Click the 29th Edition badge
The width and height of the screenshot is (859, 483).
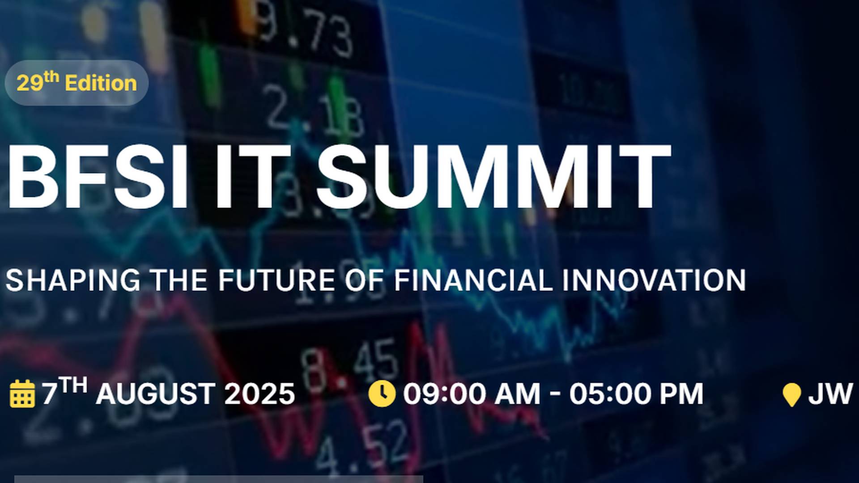(77, 83)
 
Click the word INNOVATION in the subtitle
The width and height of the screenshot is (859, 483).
(654, 280)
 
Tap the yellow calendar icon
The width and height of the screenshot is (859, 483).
(22, 394)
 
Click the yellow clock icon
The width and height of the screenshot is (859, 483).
(382, 394)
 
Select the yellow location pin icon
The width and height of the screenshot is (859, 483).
(791, 395)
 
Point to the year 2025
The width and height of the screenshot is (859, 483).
(259, 394)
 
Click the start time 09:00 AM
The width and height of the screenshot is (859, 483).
(472, 394)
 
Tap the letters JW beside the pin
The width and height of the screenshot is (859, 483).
(830, 394)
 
